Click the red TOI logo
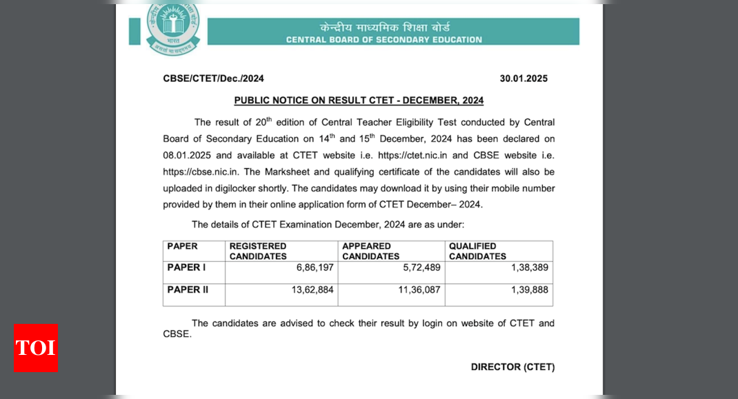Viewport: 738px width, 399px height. (x=35, y=347)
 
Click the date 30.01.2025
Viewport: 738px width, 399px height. (x=523, y=79)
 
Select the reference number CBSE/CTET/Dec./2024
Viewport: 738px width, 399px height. (x=213, y=79)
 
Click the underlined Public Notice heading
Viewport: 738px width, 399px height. (x=359, y=101)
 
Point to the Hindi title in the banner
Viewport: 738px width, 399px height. (x=384, y=28)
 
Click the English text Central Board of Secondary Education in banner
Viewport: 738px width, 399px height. (x=384, y=40)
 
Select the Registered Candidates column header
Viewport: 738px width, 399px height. (x=258, y=251)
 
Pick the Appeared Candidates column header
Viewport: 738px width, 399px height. (x=370, y=251)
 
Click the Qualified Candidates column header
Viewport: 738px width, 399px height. (x=477, y=251)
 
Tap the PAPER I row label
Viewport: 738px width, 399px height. (x=186, y=267)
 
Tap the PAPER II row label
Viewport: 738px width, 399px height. (x=188, y=289)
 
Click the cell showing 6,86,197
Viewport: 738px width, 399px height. (x=315, y=267)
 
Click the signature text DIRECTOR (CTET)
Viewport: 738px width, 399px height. (x=512, y=367)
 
